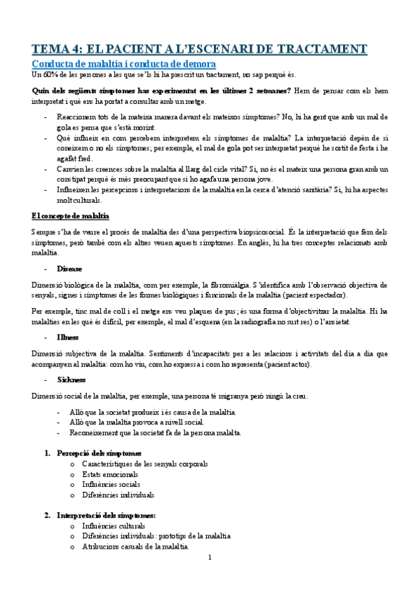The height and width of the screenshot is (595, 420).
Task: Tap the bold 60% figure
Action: (x=48, y=74)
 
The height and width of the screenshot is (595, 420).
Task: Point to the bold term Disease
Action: (x=70, y=269)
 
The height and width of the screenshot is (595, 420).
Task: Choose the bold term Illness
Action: (x=69, y=337)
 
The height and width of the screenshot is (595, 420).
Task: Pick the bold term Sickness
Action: (x=72, y=380)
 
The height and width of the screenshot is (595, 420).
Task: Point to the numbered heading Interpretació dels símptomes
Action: (x=107, y=515)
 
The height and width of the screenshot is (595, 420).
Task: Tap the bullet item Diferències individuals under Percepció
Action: (x=118, y=495)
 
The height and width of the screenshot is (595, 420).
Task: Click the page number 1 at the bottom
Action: (x=210, y=557)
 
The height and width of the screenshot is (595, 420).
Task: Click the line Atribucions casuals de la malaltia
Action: (x=135, y=547)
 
